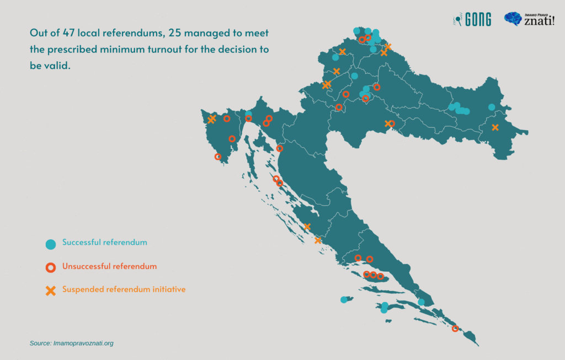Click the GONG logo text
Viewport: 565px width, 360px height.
click(x=478, y=20)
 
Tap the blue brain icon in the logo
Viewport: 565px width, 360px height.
click(x=513, y=19)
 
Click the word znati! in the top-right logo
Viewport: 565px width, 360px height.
click(x=539, y=22)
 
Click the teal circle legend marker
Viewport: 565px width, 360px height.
click(x=50, y=244)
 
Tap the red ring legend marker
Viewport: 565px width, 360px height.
click(x=50, y=267)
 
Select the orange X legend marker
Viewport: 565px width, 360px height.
click(x=50, y=291)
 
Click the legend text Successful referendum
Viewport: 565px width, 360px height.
click(x=104, y=243)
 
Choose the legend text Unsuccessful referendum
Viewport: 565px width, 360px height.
click(x=109, y=266)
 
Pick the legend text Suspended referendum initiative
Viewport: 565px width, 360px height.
click(x=124, y=289)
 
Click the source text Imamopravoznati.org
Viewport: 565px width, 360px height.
click(x=83, y=343)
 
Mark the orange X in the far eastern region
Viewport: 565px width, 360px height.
click(x=495, y=127)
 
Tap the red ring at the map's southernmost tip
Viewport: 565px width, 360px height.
click(x=455, y=329)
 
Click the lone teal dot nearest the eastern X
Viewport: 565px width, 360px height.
click(x=492, y=107)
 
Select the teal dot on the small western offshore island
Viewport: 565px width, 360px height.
click(x=344, y=300)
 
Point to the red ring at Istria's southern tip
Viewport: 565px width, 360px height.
click(x=218, y=157)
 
